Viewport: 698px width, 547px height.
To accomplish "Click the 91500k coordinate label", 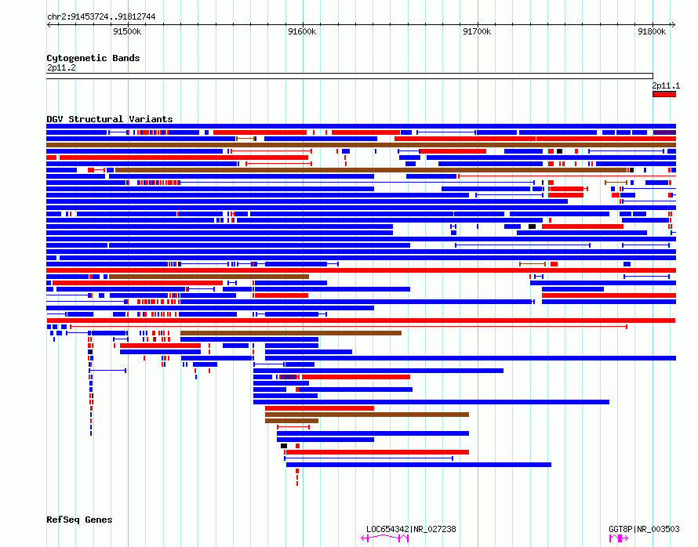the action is pyautogui.click(x=127, y=31).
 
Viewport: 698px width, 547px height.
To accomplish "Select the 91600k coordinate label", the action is pyautogui.click(x=302, y=31).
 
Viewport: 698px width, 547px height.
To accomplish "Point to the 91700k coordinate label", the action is pyautogui.click(x=477, y=31).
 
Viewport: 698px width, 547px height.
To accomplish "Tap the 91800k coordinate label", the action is pyautogui.click(x=652, y=31).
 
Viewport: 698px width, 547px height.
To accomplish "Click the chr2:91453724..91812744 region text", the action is pyautogui.click(x=101, y=17).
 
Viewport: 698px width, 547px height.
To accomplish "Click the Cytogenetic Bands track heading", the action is pyautogui.click(x=93, y=58).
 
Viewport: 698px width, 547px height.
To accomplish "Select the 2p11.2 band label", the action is pyautogui.click(x=61, y=67).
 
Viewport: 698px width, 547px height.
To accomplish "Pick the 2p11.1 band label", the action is pyautogui.click(x=666, y=85).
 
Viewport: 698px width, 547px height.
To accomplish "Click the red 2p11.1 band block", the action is pyautogui.click(x=664, y=94).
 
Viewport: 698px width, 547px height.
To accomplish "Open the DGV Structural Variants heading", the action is pyautogui.click(x=110, y=119).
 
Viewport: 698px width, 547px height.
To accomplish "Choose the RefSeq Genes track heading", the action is pyautogui.click(x=79, y=520).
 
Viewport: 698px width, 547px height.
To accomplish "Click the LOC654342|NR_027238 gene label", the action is pyautogui.click(x=411, y=529).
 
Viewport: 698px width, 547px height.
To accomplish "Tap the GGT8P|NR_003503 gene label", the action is pyautogui.click(x=644, y=529).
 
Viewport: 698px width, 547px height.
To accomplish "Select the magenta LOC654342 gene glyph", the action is pyautogui.click(x=385, y=538).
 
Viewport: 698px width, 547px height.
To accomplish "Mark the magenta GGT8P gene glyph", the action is pyautogui.click(x=619, y=538).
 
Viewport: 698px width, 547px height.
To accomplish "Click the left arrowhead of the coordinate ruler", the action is pyautogui.click(x=48, y=25).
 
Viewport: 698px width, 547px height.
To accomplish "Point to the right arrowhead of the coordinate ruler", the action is pyautogui.click(x=674, y=25).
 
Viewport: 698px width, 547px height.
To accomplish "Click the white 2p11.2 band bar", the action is pyautogui.click(x=350, y=76).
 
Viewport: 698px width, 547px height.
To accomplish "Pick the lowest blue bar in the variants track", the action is pyautogui.click(x=419, y=465).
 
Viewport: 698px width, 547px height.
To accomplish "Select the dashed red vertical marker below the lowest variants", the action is pyautogui.click(x=297, y=477).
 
